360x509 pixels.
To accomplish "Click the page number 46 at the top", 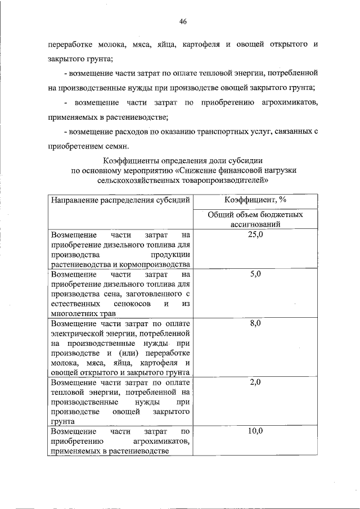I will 182,21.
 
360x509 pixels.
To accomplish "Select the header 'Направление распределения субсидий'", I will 120,200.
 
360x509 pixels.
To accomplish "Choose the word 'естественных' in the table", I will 73,304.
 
